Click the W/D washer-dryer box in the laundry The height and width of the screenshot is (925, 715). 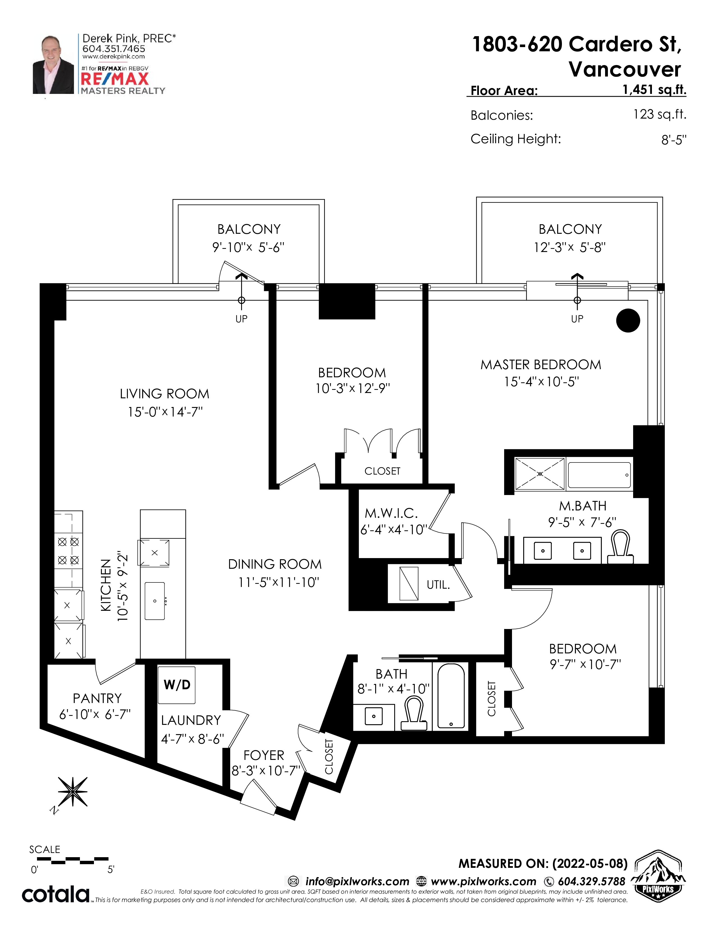click(x=177, y=685)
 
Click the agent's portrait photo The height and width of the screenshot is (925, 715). click(x=53, y=64)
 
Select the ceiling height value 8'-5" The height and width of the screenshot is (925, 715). click(x=674, y=140)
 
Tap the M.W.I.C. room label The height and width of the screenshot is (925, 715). click(x=391, y=513)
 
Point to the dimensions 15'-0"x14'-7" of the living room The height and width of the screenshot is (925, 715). click(x=165, y=412)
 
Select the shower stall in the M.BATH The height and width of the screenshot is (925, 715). click(x=540, y=474)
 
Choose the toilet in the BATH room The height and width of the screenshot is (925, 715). click(x=413, y=714)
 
